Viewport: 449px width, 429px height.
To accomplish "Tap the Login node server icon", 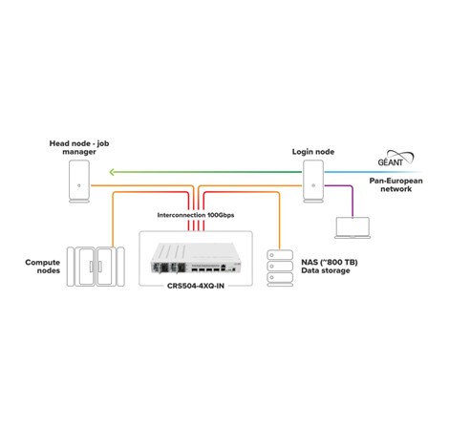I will click(314, 178).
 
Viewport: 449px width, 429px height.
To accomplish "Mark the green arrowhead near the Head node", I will click(111, 173).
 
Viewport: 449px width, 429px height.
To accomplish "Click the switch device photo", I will click(197, 258).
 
